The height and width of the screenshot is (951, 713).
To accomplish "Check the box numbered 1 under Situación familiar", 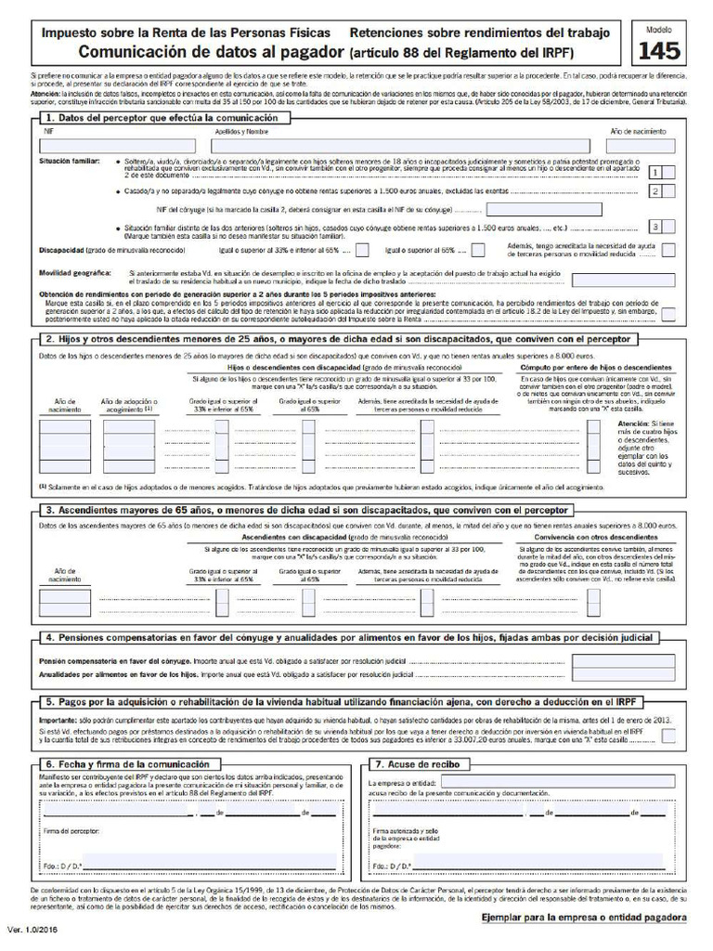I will [655, 172].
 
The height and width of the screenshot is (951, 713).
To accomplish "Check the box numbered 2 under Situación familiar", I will [655, 191].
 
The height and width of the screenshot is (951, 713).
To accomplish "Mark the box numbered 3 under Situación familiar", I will [655, 227].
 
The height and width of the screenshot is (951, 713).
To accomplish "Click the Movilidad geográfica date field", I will [610, 280].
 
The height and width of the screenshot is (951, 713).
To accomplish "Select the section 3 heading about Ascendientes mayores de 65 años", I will [307, 510].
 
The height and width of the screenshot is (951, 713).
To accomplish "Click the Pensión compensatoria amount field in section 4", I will [610, 661].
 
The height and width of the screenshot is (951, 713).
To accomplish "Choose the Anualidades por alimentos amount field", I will [610, 675].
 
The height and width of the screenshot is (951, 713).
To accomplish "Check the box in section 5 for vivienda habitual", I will [668, 736].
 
